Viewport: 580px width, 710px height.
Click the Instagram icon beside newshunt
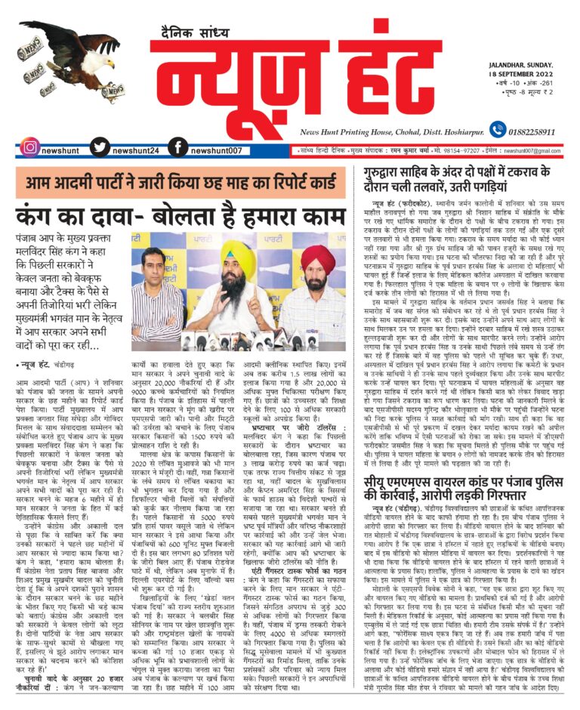pyautogui.click(x=29, y=147)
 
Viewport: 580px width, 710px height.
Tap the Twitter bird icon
pyautogui.click(x=103, y=147)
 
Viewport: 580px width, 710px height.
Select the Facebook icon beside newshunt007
pyautogui.click(x=177, y=147)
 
